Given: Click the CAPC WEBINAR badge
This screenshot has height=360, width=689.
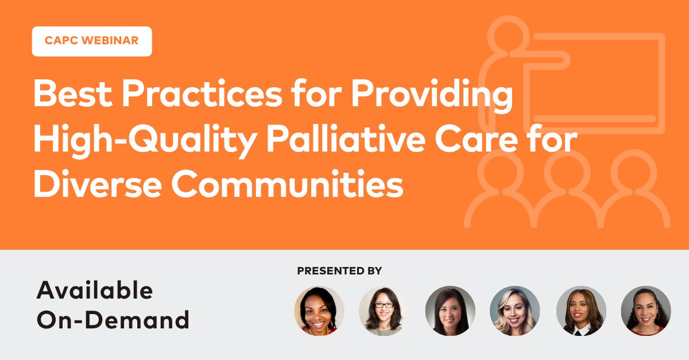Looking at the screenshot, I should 92,41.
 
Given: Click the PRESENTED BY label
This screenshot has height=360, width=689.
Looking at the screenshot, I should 339,270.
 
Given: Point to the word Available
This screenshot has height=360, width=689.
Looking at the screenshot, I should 95,291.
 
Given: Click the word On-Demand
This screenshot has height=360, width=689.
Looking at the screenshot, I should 113,320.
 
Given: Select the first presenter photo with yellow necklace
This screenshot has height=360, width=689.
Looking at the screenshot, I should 319,311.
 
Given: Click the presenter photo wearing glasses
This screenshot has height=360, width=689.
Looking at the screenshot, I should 384,311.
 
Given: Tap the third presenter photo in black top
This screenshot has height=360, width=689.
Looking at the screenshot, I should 450,311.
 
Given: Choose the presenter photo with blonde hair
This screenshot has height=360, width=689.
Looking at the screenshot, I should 514,311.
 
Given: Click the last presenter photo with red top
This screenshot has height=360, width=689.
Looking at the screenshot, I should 646,311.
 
